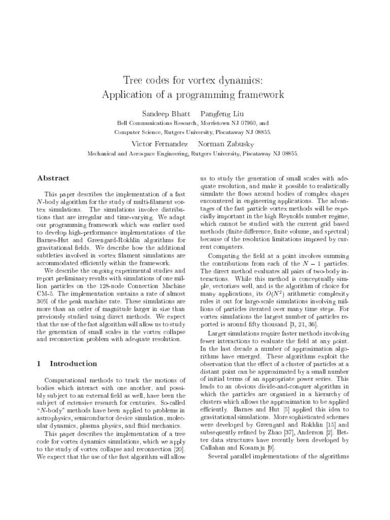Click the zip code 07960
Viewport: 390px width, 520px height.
point(246,123)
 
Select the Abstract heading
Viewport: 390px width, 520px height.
point(53,178)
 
